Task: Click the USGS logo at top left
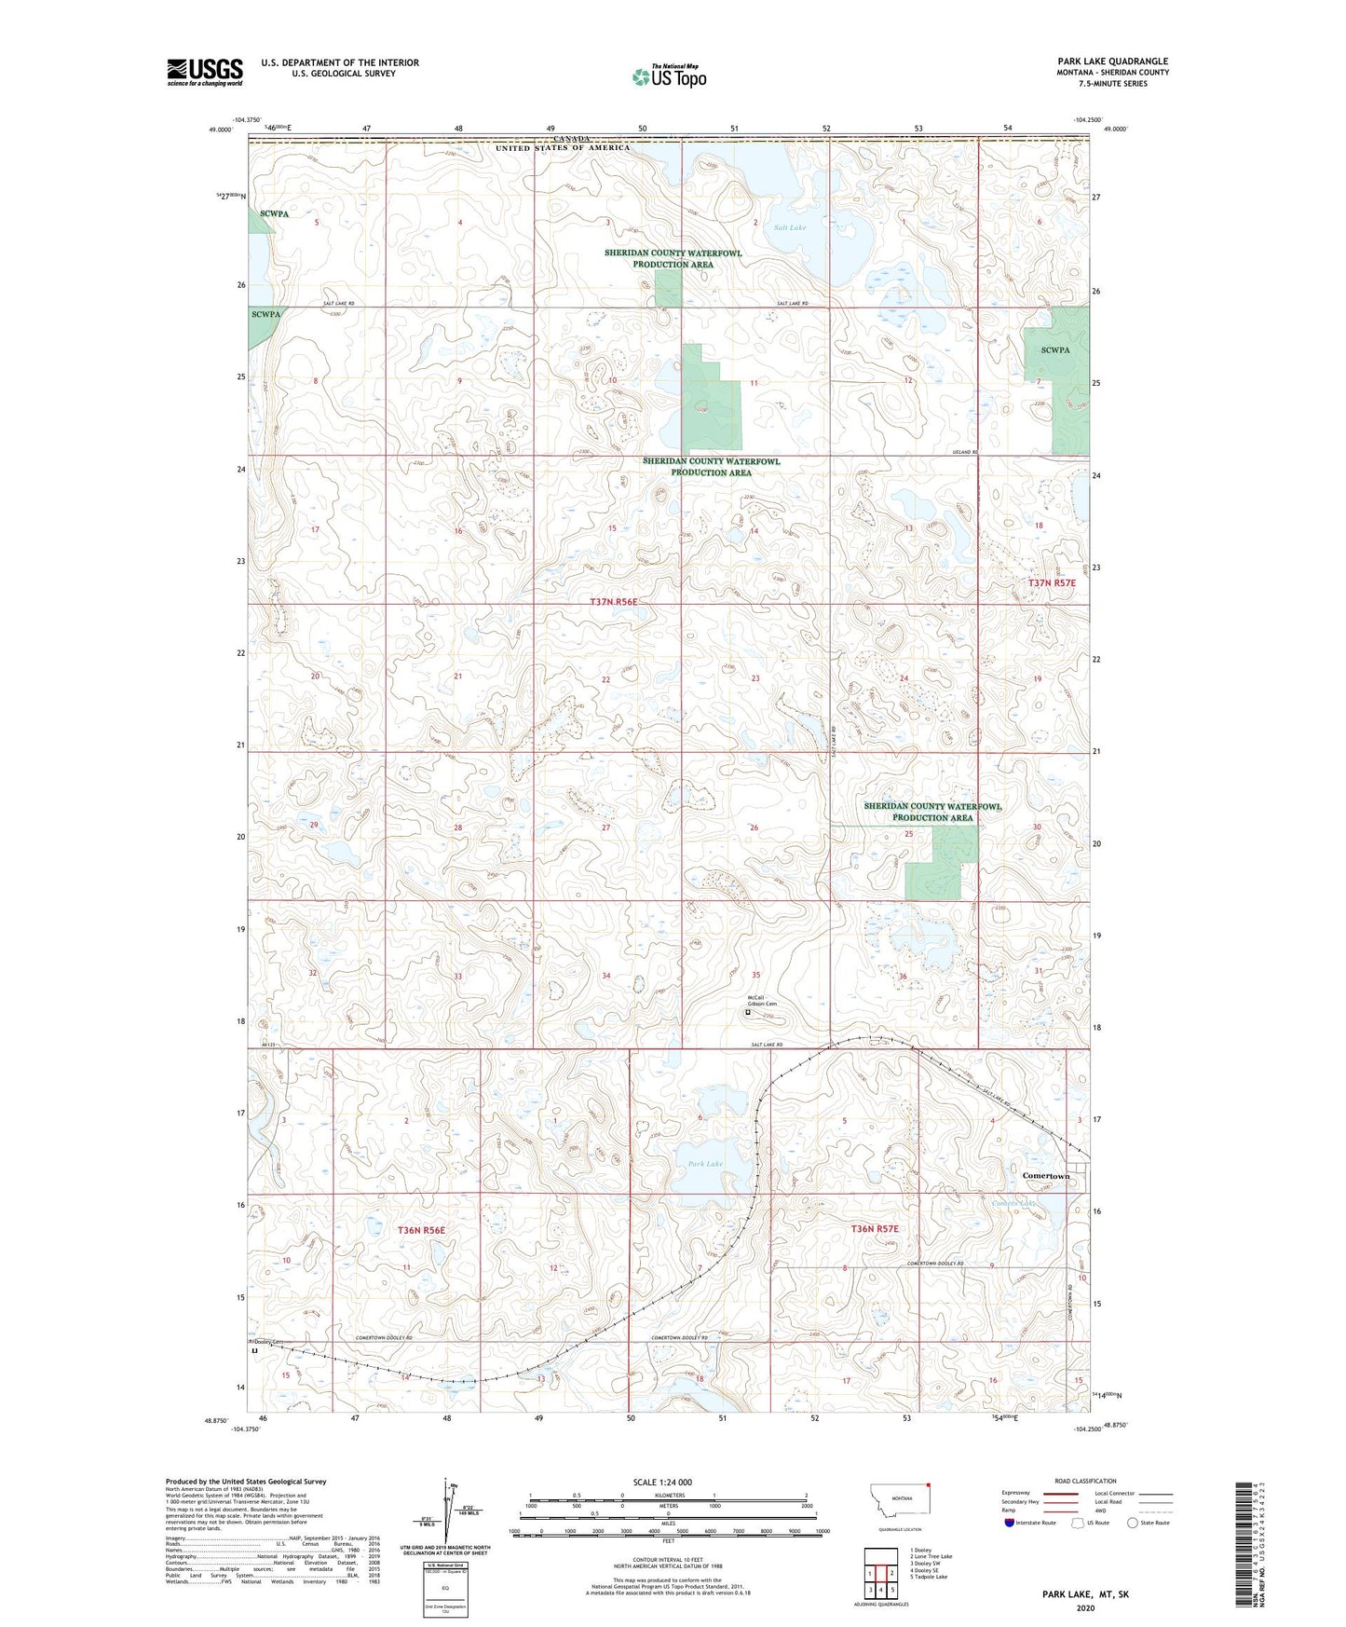tap(204, 72)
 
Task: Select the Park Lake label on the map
tap(705, 1164)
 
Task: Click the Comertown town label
tap(1046, 1176)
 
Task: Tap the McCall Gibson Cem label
tap(761, 1001)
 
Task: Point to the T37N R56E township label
tap(614, 602)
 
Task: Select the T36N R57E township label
tap(875, 1229)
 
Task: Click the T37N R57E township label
tap(1052, 582)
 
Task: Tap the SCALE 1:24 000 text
tap(661, 1482)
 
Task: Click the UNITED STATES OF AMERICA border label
tap(562, 148)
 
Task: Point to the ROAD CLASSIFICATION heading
tap(1085, 1481)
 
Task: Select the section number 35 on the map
tap(755, 976)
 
